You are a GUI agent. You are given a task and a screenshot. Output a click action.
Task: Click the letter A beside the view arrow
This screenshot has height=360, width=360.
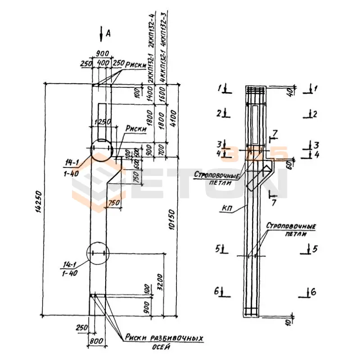(108, 32)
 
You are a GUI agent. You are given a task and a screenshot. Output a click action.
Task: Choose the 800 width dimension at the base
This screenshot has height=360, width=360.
(96, 341)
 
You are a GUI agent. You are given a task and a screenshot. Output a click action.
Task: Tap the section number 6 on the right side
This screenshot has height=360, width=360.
(313, 292)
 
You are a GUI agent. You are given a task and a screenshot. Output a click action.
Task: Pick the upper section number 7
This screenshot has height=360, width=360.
(275, 132)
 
